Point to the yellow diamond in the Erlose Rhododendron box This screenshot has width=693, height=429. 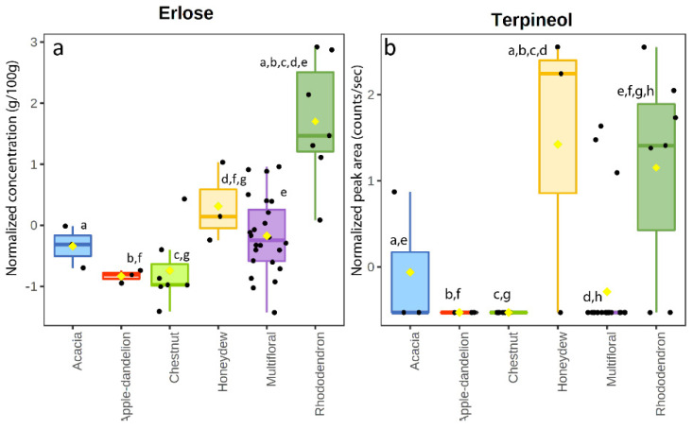point(315,121)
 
